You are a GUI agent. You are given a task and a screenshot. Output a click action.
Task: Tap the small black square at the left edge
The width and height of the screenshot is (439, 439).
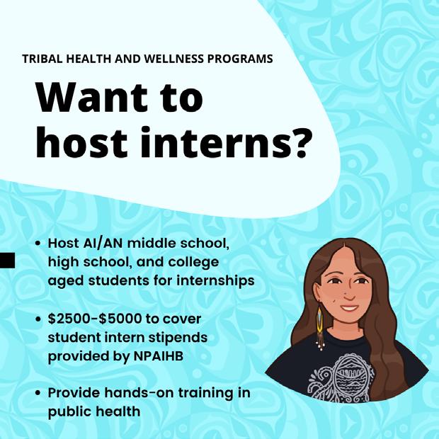pyautogui.click(x=7, y=261)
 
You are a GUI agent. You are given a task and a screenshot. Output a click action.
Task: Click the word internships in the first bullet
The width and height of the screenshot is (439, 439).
pyautogui.click(x=215, y=281)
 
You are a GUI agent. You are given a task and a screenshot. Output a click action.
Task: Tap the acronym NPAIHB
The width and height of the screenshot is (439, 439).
pyautogui.click(x=159, y=356)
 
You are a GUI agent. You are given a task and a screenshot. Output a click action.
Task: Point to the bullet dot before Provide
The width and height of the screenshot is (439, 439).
pyautogui.click(x=39, y=394)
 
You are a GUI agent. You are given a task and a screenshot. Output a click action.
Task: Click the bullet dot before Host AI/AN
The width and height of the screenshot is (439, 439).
pyautogui.click(x=39, y=244)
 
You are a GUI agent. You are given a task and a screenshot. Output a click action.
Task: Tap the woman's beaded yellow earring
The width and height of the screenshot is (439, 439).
pyautogui.click(x=320, y=326)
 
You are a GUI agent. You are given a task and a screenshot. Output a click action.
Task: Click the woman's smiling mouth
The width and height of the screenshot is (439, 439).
pyautogui.click(x=349, y=309)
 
